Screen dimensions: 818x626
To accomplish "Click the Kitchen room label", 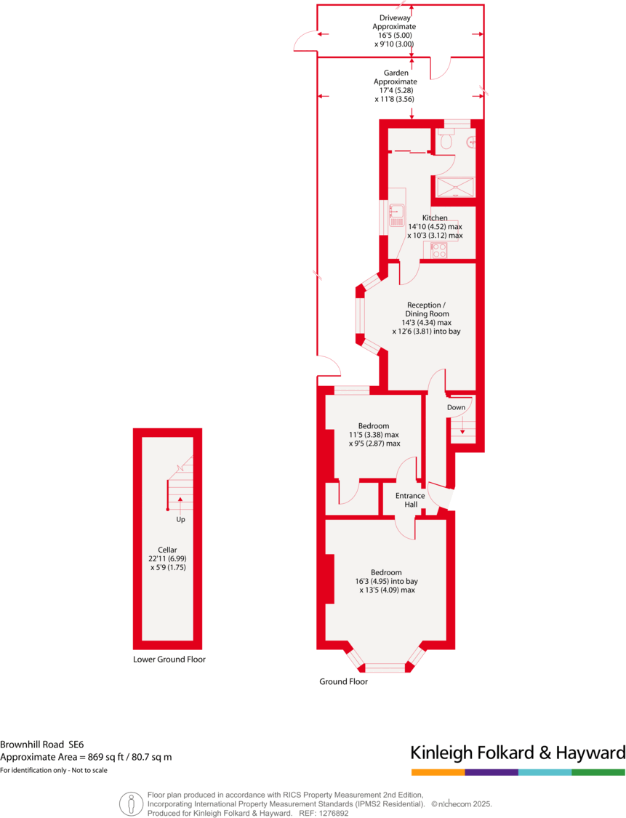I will (x=435, y=218).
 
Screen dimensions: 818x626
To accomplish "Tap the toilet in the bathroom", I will (x=446, y=140).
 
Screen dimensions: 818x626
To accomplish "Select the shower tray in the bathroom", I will (x=455, y=187).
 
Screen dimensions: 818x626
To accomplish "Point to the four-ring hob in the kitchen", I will (x=438, y=251).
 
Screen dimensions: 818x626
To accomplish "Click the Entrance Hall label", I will (x=406, y=500).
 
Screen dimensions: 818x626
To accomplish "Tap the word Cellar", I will (x=167, y=550).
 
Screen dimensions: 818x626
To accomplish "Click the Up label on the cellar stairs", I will (x=180, y=520).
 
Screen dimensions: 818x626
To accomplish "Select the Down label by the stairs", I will (x=456, y=407).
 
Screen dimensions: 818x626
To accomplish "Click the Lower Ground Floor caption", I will (x=169, y=659).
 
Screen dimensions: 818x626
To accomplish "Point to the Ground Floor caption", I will (x=343, y=681).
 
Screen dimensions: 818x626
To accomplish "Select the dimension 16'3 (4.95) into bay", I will (x=386, y=581).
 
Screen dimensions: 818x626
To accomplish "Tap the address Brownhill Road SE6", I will (x=42, y=744).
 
